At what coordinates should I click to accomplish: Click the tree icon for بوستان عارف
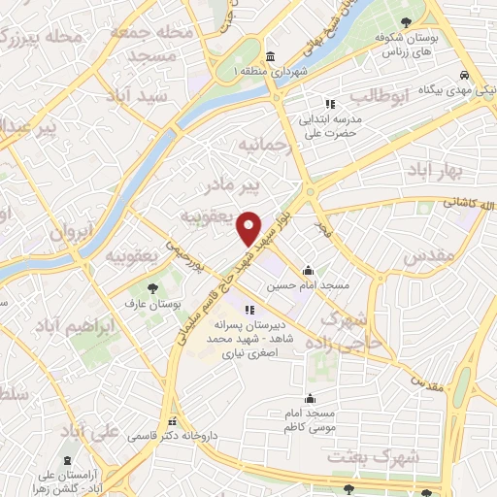coord(152,287)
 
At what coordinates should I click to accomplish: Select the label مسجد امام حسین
coord(308,286)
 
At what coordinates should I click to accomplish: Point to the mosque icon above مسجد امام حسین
coord(308,271)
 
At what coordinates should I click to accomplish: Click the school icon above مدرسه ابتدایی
coord(329,104)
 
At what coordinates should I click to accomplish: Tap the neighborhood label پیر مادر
coord(237,183)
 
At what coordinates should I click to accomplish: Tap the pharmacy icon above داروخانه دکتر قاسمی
coord(173,422)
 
